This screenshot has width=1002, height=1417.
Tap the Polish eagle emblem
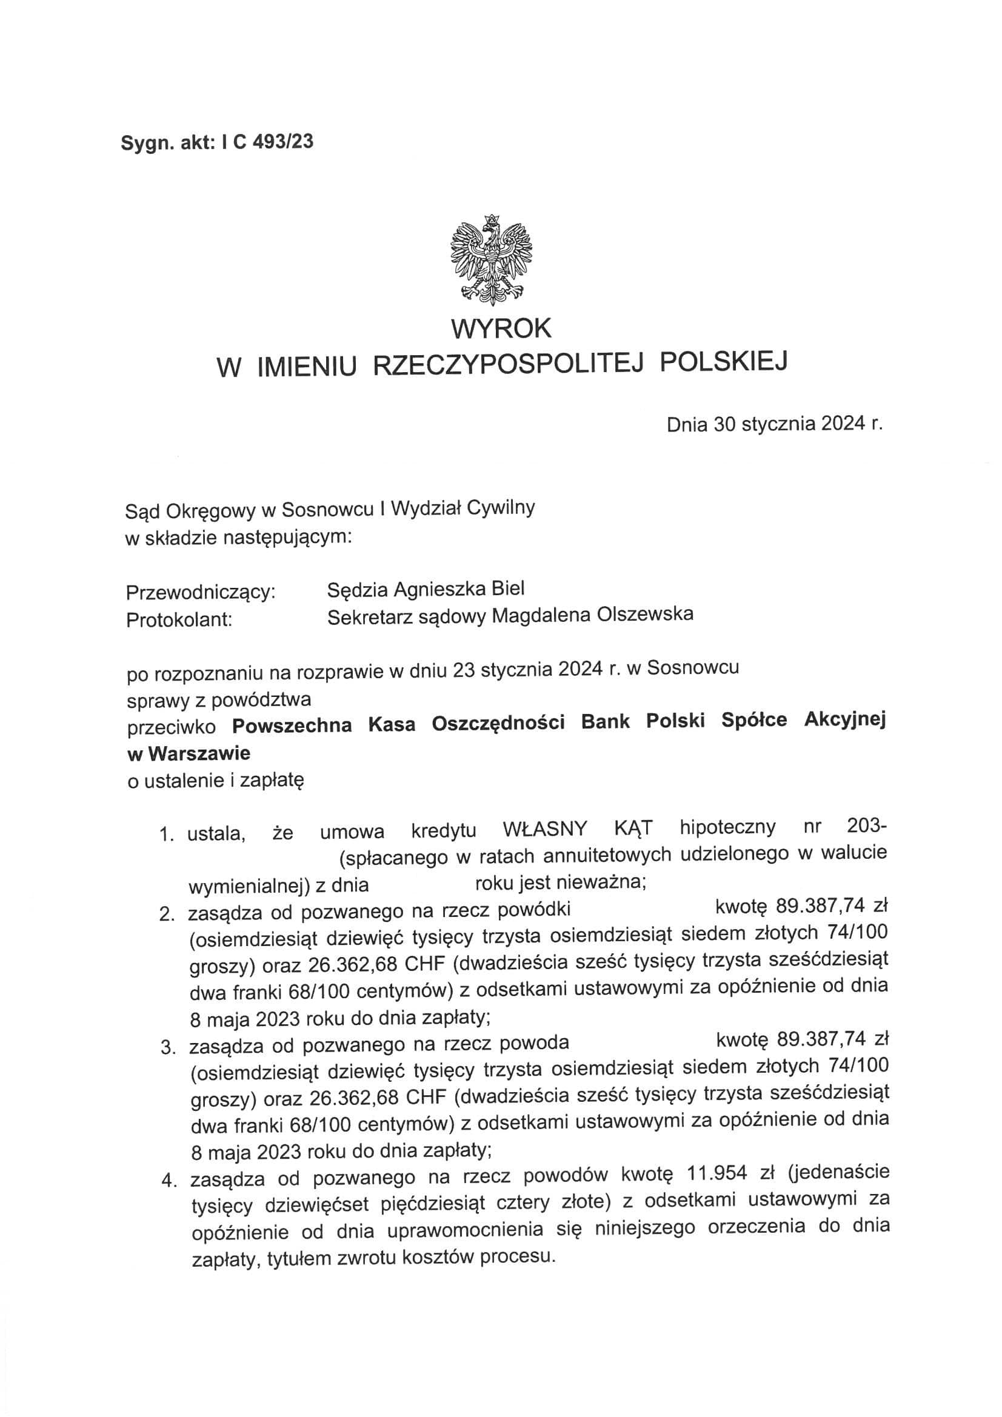click(492, 259)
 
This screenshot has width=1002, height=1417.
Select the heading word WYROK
click(501, 328)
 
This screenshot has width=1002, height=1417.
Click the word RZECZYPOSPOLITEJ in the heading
click(509, 365)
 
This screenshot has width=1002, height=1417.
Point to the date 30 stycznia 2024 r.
click(798, 425)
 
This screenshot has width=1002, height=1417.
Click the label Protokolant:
click(179, 619)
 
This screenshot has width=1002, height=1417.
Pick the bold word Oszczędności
click(498, 723)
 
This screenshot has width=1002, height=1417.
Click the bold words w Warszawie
click(189, 753)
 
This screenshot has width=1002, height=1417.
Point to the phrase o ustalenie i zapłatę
click(215, 781)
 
